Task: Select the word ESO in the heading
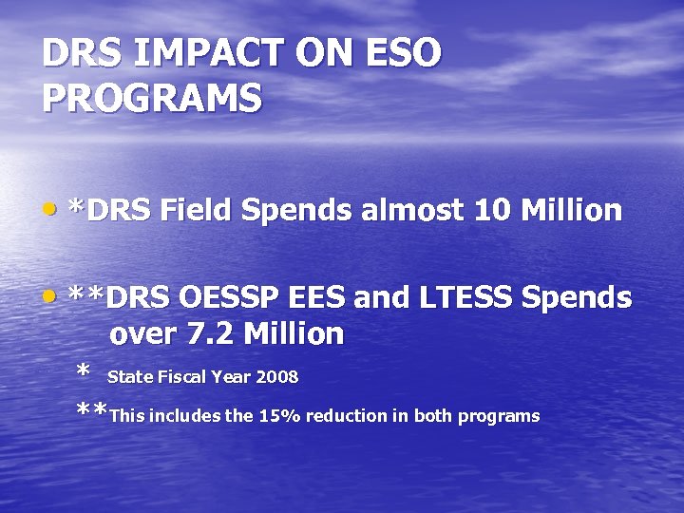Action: pyautogui.click(x=403, y=54)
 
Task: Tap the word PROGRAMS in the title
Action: pyautogui.click(x=152, y=99)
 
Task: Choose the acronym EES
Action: pyautogui.click(x=318, y=298)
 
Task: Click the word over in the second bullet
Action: pyautogui.click(x=141, y=334)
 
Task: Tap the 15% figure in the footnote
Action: pyautogui.click(x=274, y=416)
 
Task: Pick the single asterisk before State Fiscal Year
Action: pyautogui.click(x=84, y=372)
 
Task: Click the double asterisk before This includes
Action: pyautogui.click(x=92, y=412)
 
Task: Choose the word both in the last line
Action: pyautogui.click(x=427, y=416)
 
